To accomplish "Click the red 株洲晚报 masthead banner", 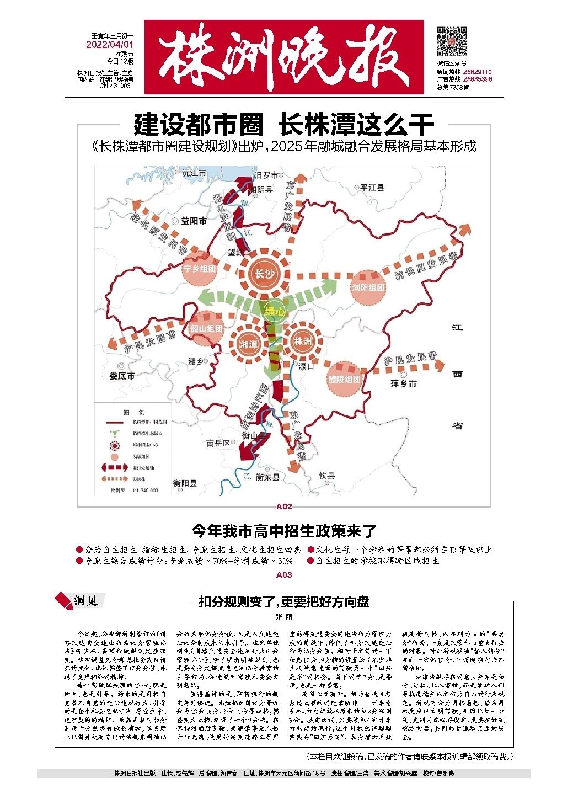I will pos(284,57).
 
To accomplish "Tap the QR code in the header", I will pos(452,41).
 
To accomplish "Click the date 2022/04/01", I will pos(110,45).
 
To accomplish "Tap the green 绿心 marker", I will pos(274,311).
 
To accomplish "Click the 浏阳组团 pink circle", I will pos(368,287).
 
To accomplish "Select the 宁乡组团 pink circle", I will pos(199,269).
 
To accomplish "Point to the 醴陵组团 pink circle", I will pos(344,380).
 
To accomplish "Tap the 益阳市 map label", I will pos(194,221).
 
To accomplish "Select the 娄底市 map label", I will pos(122,376).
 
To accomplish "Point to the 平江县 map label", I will pos(372,188).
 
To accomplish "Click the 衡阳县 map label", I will pos(185,483).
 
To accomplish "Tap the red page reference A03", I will pos(284,575).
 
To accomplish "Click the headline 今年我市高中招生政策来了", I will pos(284,531).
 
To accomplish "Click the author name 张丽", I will pos(284,617).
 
